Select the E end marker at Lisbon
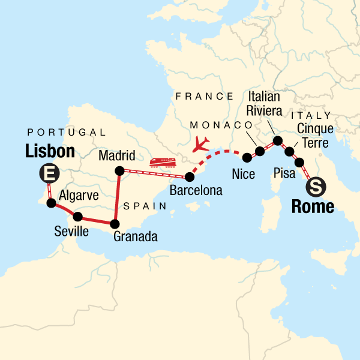(48, 175)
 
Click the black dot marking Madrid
(119, 171)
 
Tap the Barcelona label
(196, 191)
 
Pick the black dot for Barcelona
(190, 177)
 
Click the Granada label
(135, 237)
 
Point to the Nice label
(243, 175)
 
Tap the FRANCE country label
(203, 96)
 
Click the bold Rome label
(312, 207)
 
